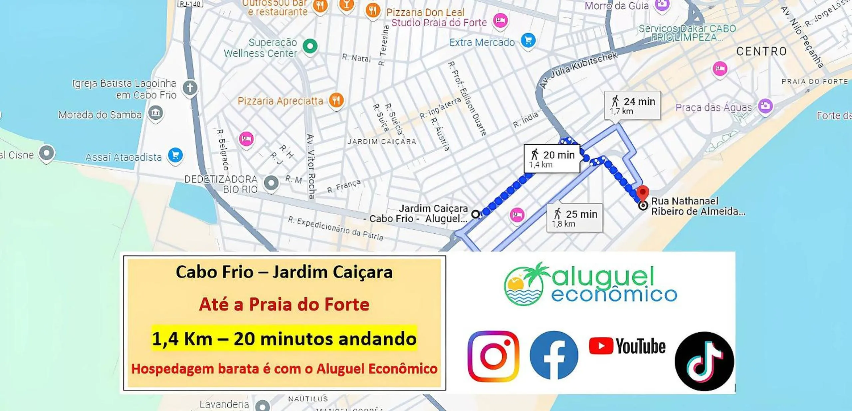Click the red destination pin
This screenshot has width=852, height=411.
click(x=643, y=192)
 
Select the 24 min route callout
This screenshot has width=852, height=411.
click(x=632, y=105)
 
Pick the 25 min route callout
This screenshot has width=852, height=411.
click(x=575, y=218)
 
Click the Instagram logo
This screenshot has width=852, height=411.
click(x=493, y=356)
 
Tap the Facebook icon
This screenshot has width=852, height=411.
click(x=554, y=355)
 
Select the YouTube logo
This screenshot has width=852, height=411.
click(x=627, y=346)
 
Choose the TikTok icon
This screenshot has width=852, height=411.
click(x=704, y=361)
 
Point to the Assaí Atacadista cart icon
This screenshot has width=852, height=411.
click(x=175, y=155)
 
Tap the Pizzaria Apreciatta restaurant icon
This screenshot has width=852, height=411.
click(x=336, y=100)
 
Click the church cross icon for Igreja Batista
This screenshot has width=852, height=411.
click(x=190, y=88)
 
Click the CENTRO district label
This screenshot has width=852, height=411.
click(x=761, y=51)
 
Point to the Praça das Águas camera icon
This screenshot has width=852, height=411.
click(x=765, y=106)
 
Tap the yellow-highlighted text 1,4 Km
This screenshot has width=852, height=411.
click(x=182, y=339)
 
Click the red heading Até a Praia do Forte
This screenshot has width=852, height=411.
click(x=284, y=304)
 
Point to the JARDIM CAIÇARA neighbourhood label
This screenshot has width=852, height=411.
click(x=382, y=142)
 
